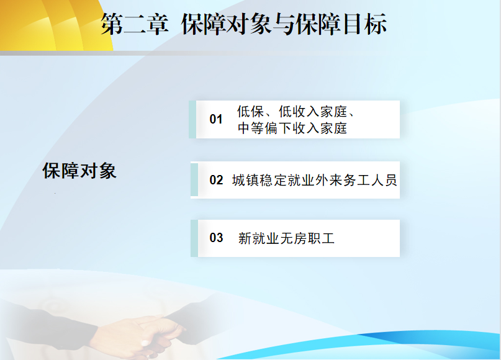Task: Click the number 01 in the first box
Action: click(216, 119)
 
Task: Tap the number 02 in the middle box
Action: click(216, 180)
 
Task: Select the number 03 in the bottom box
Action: click(216, 238)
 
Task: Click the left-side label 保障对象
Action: click(79, 171)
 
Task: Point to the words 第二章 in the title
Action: click(135, 24)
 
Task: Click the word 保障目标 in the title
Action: click(341, 24)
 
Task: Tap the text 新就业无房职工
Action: click(286, 238)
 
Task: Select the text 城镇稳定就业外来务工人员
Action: click(314, 180)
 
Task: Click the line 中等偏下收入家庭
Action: click(292, 128)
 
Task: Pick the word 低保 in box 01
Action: click(251, 112)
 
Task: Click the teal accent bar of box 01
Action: click(192, 119)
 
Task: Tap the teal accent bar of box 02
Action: click(194, 179)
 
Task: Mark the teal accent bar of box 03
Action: click(194, 238)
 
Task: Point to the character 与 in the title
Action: click(284, 24)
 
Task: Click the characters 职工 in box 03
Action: click(321, 238)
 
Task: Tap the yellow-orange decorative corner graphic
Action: click(54, 25)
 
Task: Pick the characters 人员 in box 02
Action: click(384, 180)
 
